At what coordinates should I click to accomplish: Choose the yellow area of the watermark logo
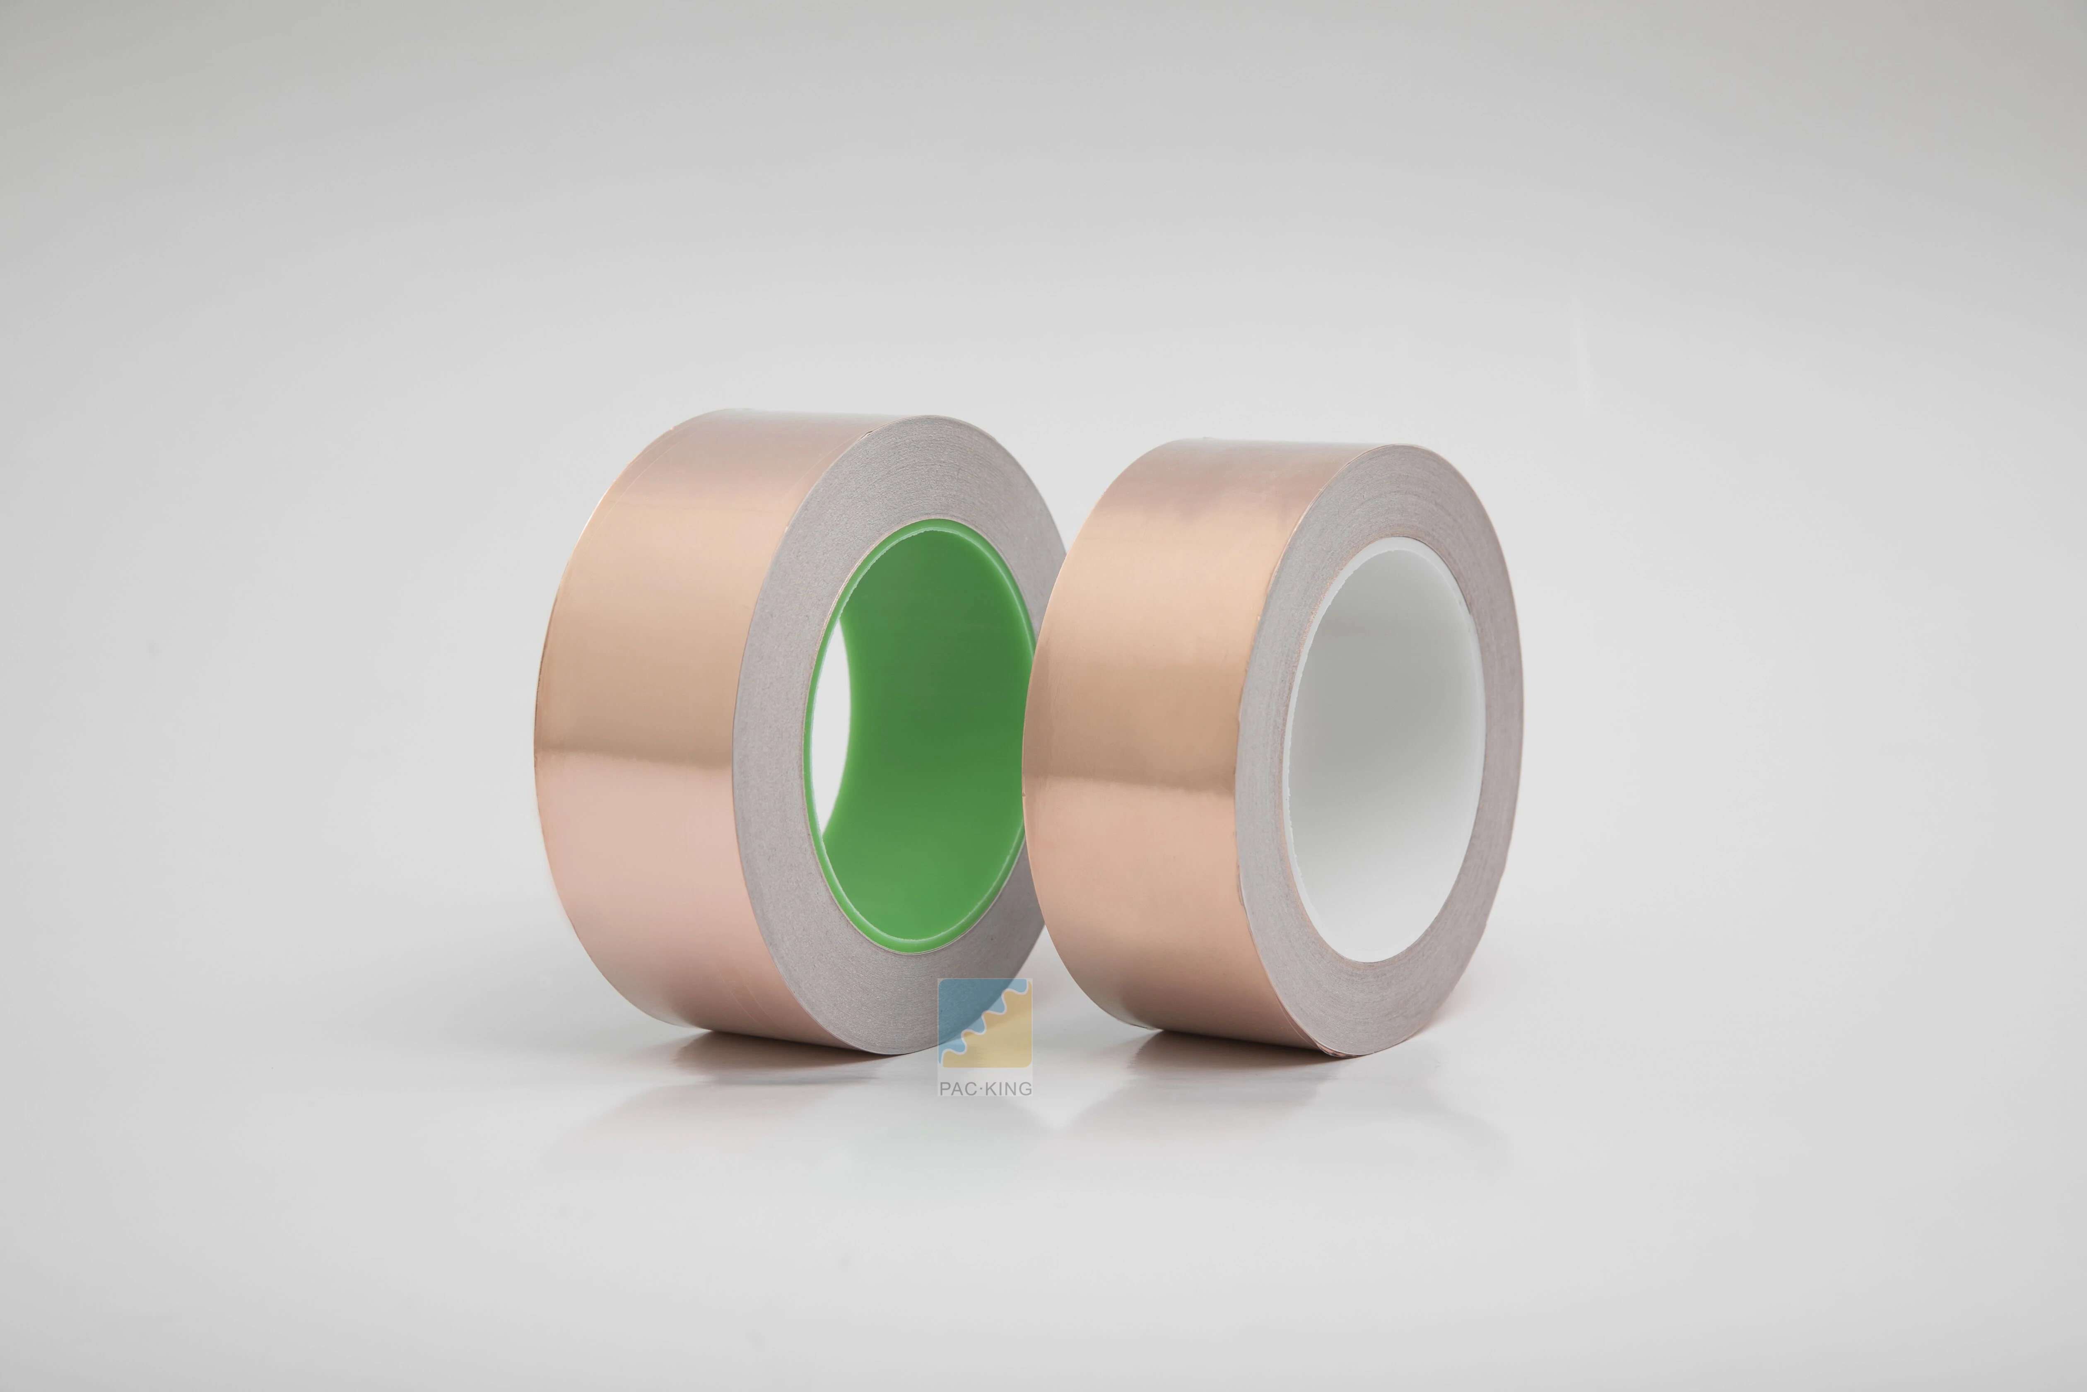point(1003,1048)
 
